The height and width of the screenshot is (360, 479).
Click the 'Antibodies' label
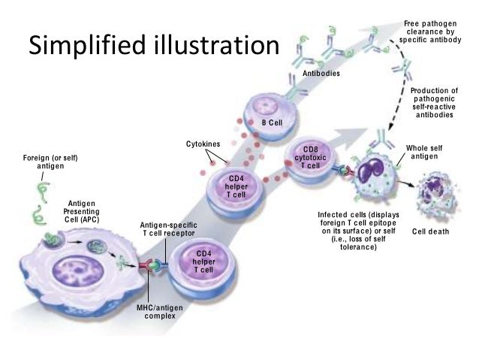pyautogui.click(x=321, y=74)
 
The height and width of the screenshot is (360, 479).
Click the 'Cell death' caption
pyautogui.click(x=429, y=231)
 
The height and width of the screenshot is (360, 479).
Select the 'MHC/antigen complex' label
pyautogui.click(x=158, y=312)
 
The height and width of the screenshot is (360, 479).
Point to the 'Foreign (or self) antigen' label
pyautogui.click(x=50, y=162)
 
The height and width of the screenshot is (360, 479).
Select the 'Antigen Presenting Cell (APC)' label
pyautogui.click(x=80, y=212)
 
